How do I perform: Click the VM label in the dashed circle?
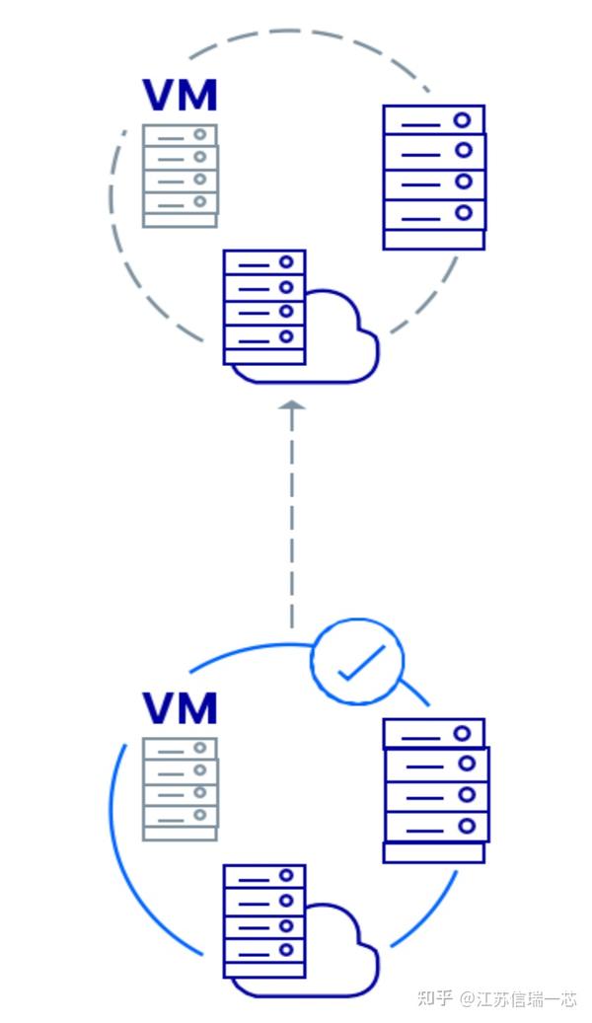click(x=180, y=96)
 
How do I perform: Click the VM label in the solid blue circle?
click(x=180, y=708)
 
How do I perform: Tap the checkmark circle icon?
click(x=357, y=662)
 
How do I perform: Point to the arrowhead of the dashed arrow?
click(x=292, y=405)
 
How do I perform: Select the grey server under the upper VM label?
click(x=180, y=176)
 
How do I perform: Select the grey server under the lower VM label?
click(x=180, y=789)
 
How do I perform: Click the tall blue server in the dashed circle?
click(x=434, y=177)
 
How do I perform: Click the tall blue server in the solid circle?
click(x=435, y=790)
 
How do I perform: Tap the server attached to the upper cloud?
click(x=264, y=307)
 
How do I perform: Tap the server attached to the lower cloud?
click(x=264, y=920)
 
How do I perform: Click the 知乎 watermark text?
click(x=434, y=998)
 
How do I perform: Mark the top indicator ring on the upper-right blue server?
click(x=462, y=120)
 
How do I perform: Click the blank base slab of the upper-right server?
click(x=434, y=240)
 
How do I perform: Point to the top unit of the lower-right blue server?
click(x=434, y=734)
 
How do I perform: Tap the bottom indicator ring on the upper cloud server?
click(x=286, y=336)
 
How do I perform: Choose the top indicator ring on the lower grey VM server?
click(x=199, y=748)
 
